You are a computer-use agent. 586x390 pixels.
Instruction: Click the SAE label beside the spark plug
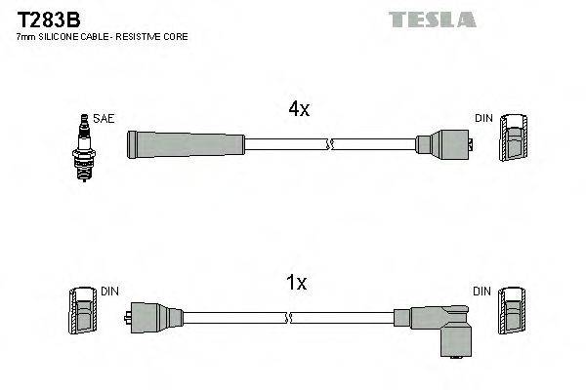tap(105, 118)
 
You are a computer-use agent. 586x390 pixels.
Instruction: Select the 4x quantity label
tap(299, 110)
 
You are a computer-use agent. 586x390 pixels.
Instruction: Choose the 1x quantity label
tap(297, 284)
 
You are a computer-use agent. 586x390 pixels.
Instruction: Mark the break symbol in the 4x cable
tap(331, 145)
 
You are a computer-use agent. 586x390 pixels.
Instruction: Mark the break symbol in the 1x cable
tap(290, 317)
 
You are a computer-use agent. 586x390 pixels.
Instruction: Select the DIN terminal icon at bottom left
tap(83, 313)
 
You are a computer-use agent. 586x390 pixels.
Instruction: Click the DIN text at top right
tap(484, 118)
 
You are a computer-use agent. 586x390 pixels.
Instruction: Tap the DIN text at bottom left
tap(109, 291)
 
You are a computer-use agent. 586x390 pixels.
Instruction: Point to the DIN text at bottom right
tap(483, 291)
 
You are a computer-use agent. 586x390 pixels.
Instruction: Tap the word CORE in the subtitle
tap(175, 37)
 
